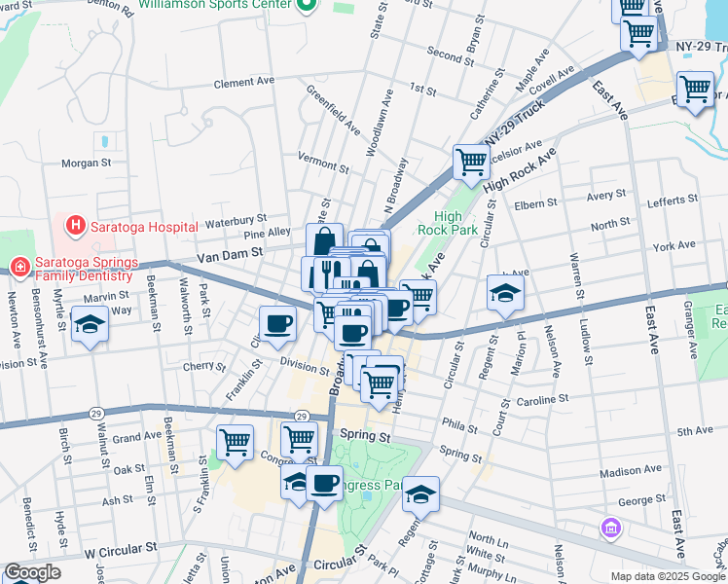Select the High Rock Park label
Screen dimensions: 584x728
click(x=448, y=223)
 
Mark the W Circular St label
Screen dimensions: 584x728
click(x=121, y=550)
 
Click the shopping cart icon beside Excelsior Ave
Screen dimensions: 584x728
click(x=471, y=162)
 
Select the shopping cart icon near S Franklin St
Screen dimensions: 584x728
click(x=236, y=443)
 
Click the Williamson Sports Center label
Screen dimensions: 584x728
click(x=216, y=5)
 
